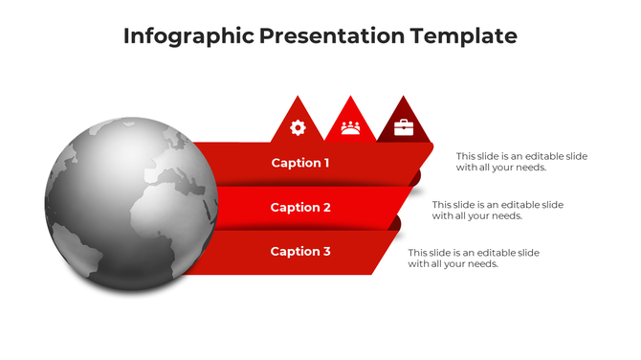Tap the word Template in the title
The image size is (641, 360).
tap(463, 36)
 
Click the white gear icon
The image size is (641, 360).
tap(298, 127)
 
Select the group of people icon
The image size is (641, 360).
tap(350, 127)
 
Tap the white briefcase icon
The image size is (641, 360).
tap(404, 127)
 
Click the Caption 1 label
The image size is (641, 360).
tap(300, 163)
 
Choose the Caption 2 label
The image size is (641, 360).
tap(300, 207)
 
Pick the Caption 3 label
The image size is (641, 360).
tap(300, 251)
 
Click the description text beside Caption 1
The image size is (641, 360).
tap(521, 161)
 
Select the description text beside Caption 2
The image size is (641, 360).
tap(497, 210)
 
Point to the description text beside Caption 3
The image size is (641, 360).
tap(474, 259)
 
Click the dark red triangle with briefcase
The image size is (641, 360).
tap(404, 122)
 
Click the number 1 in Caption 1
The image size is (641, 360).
tap(326, 163)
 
